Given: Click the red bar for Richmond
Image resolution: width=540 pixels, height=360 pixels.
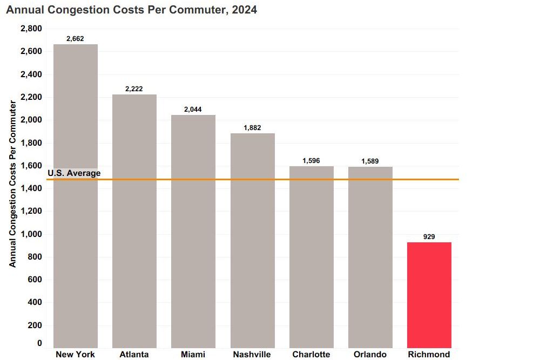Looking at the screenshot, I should pos(429,295).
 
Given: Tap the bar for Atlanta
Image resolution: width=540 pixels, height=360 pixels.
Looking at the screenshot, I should pos(134,221).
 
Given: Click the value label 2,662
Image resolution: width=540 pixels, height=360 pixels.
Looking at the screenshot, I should pos(76,39).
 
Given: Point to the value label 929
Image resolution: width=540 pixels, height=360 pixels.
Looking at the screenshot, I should pos(429,237).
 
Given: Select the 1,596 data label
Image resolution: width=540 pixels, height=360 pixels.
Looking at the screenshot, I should pos(312,161).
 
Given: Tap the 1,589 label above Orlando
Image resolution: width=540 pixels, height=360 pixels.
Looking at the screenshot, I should pos(370,161).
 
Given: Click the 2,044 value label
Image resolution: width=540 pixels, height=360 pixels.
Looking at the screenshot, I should pos(193,110).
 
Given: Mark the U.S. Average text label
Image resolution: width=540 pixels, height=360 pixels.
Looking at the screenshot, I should pos(74,173).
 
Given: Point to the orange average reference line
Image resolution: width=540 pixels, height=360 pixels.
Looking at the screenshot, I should pos(270,179).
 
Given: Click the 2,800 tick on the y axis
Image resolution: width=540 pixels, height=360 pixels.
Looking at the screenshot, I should pos(31,29).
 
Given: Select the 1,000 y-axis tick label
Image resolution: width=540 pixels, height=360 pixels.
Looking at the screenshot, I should pos(31,234).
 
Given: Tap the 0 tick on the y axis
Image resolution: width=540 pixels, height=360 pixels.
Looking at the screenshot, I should pos(39,343).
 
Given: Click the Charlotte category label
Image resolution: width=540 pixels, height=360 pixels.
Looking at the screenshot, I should pos(311,355).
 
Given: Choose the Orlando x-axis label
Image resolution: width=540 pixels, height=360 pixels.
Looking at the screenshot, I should pos(370,355).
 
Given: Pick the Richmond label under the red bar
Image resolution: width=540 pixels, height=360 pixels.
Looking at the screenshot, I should pos(429,355).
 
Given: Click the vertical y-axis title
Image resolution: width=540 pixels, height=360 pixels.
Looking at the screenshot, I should pos(13,184).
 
